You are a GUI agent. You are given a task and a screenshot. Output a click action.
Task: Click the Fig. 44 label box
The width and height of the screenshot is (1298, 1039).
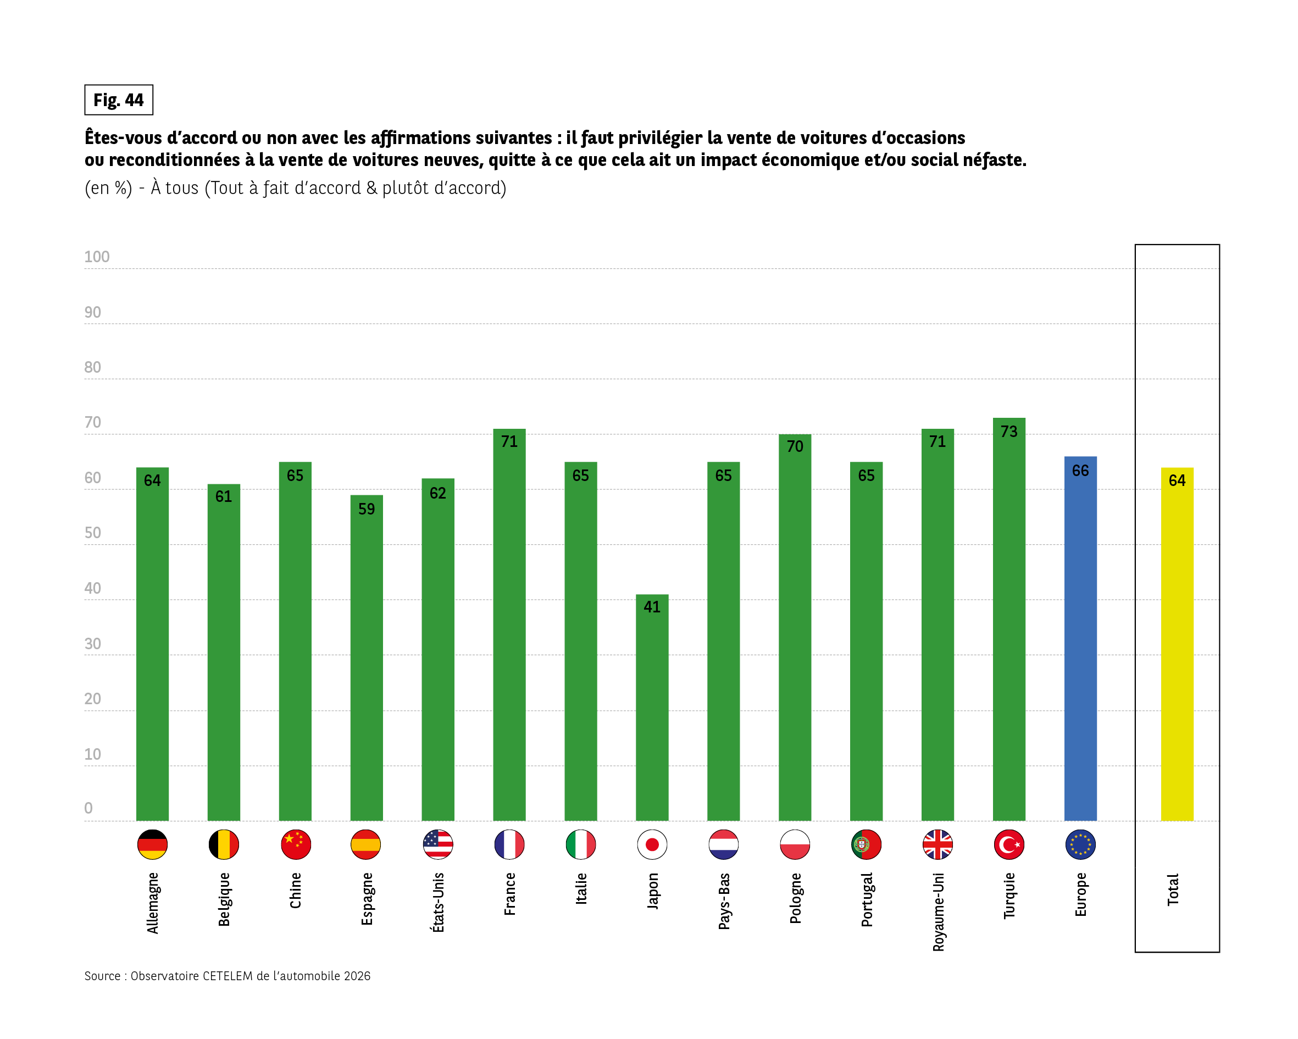click(x=119, y=100)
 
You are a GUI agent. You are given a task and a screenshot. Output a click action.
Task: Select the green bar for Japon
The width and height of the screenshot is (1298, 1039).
click(x=652, y=711)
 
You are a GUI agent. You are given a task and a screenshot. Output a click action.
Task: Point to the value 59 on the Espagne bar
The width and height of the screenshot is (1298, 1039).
click(x=366, y=510)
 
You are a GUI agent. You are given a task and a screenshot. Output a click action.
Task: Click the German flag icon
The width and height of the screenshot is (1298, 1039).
click(x=152, y=844)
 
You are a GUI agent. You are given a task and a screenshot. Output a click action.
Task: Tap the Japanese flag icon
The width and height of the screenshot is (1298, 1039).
click(x=652, y=844)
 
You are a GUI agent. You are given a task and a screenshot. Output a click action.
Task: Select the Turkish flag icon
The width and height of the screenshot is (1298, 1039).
click(x=1009, y=844)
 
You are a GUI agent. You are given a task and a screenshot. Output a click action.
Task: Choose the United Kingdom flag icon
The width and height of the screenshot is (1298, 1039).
click(x=938, y=844)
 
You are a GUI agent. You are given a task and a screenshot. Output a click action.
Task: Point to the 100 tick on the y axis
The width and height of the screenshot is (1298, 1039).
click(x=97, y=257)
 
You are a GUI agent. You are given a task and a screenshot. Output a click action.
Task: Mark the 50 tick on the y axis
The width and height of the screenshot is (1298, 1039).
click(x=93, y=533)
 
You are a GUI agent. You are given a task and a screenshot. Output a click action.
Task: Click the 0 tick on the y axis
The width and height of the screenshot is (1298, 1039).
click(x=88, y=808)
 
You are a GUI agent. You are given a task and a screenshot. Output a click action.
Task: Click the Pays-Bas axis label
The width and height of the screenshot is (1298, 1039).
click(x=724, y=901)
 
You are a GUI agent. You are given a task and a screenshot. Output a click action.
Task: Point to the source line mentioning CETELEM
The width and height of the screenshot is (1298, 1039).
click(x=227, y=976)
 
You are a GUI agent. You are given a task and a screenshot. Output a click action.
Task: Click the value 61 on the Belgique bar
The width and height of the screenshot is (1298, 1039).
click(x=223, y=496)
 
